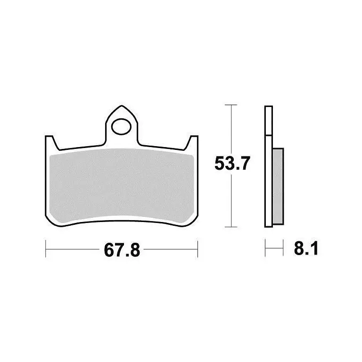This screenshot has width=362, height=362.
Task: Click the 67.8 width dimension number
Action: coord(122,250)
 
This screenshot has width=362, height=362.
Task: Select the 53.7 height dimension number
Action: coord(232,163)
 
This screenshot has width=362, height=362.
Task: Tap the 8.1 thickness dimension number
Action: coord(306,248)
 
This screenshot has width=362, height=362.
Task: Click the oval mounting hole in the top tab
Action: coord(121,126)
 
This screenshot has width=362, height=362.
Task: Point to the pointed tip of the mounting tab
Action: coord(122,106)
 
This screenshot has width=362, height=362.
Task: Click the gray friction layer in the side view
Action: coord(278,186)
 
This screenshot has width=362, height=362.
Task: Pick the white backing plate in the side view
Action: coord(269,166)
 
